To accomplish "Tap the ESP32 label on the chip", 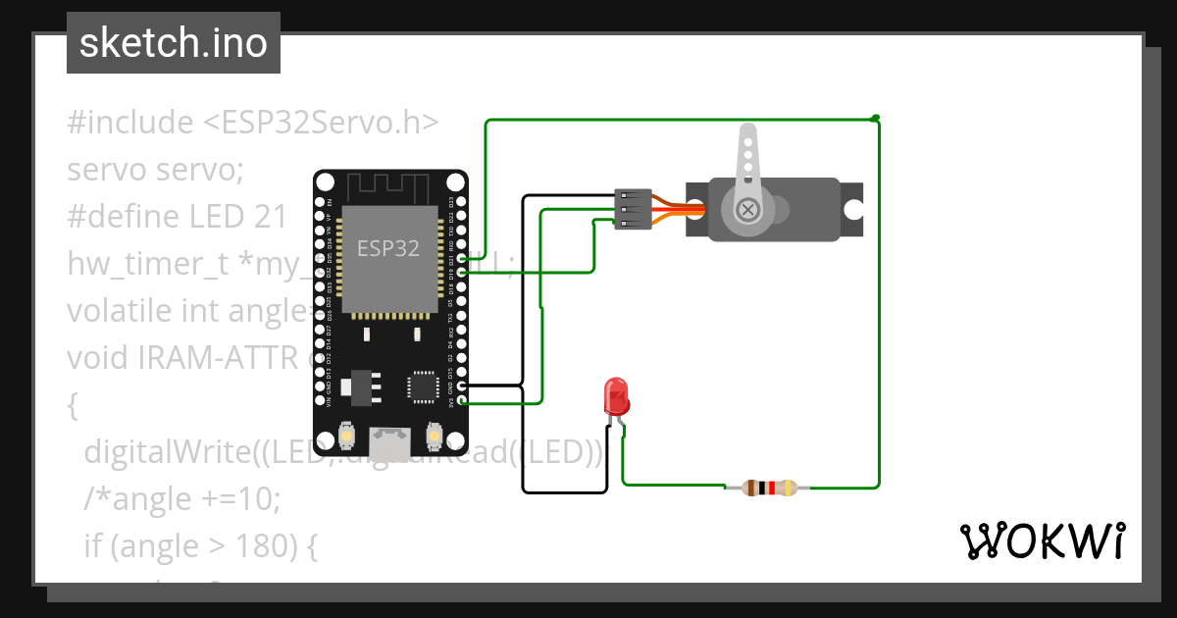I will (388, 248).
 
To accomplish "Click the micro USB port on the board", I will (390, 443).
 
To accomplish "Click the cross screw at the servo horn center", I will (748, 209).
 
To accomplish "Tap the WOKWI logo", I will (1041, 541).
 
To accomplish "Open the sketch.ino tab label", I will (174, 43).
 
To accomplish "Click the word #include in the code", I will (130, 123).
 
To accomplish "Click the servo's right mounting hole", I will (853, 209).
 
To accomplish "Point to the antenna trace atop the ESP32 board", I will (390, 184).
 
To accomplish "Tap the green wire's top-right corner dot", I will (875, 118).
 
